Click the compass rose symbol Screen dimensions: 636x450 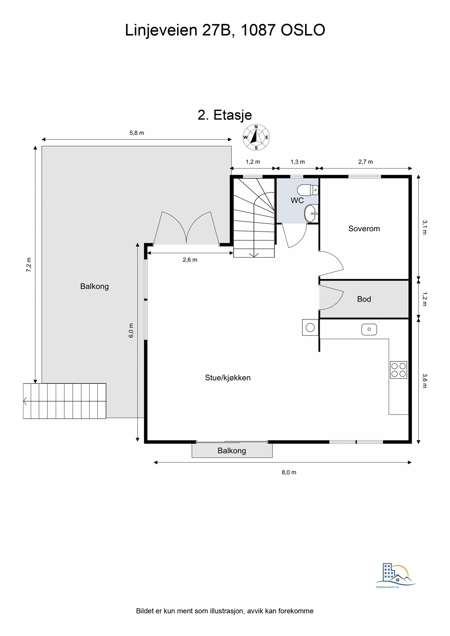(x=256, y=138)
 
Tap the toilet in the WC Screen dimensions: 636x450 (x=307, y=190)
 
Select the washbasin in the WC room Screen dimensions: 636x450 (x=311, y=213)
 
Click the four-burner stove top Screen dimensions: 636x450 (x=398, y=370)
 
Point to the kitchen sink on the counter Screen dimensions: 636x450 (x=369, y=329)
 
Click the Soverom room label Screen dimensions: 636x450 (x=364, y=229)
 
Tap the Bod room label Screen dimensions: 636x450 (x=364, y=299)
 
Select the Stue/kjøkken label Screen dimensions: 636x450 (x=228, y=378)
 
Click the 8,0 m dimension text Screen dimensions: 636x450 (x=289, y=472)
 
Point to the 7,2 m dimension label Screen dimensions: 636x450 (x=29, y=265)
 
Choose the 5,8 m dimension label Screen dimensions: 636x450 (x=136, y=133)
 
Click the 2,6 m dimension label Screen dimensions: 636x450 (x=190, y=260)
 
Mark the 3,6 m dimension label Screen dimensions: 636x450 (x=425, y=380)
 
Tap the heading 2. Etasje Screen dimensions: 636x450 (x=225, y=115)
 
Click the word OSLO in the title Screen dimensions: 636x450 (x=303, y=30)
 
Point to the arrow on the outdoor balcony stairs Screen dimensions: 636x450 (x=25, y=401)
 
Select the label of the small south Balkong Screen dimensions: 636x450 (x=232, y=450)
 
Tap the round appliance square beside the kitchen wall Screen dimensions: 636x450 (x=310, y=328)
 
